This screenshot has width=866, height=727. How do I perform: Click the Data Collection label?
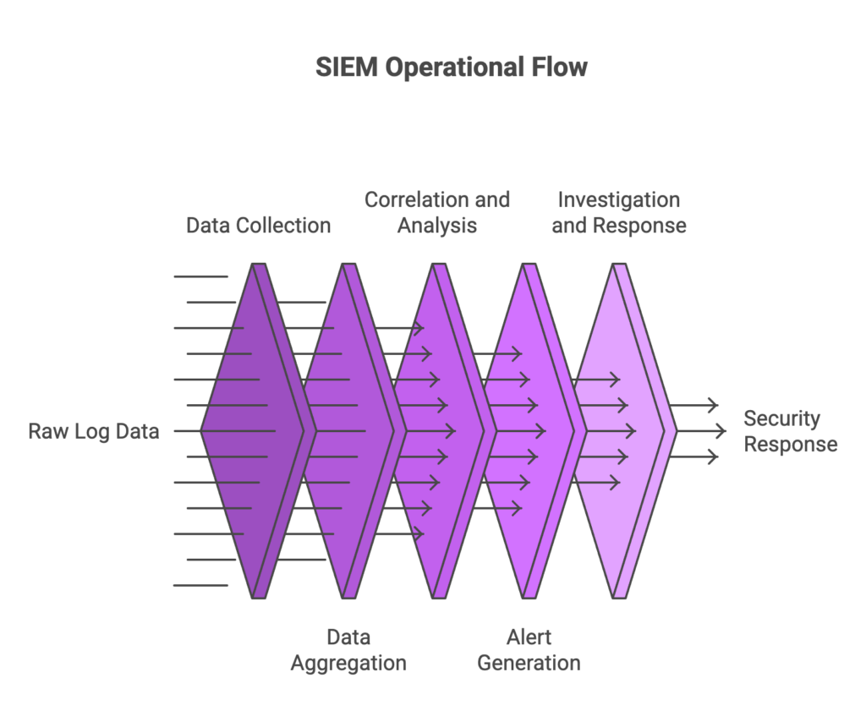(x=258, y=225)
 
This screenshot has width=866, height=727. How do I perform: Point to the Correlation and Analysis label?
(x=437, y=212)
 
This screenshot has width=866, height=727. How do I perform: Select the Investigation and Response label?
(x=619, y=212)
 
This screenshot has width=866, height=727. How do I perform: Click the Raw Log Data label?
(x=93, y=431)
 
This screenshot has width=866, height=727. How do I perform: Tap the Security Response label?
(x=790, y=431)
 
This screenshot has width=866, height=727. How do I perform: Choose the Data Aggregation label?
(x=348, y=649)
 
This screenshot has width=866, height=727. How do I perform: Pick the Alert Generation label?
(x=529, y=649)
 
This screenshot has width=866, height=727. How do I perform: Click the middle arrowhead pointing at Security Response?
(x=721, y=431)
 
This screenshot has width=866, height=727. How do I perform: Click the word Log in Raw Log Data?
(x=87, y=431)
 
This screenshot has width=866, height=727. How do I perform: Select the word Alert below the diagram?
(x=529, y=637)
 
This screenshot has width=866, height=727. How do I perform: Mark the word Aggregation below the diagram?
(x=348, y=663)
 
